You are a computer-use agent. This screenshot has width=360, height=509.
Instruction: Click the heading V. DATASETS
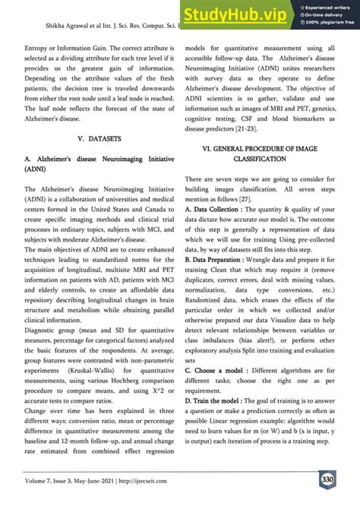[91, 140]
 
